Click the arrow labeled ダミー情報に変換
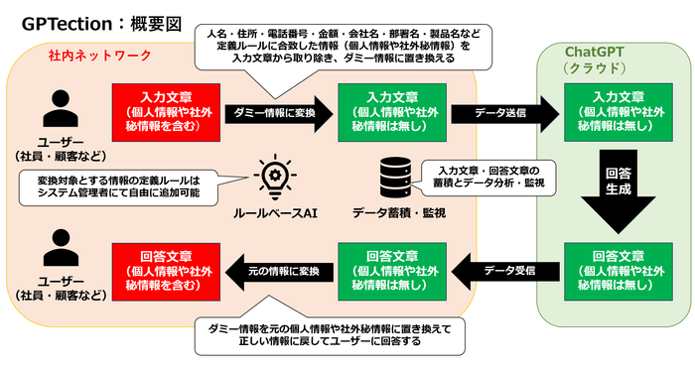click(x=276, y=114)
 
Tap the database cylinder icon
click(x=393, y=179)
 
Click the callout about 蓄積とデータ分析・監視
click(x=492, y=177)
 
